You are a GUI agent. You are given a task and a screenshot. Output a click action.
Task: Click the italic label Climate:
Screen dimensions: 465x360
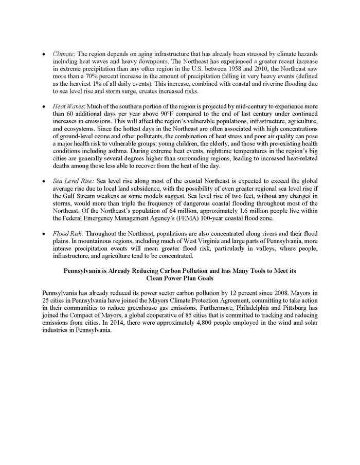[64, 53]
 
